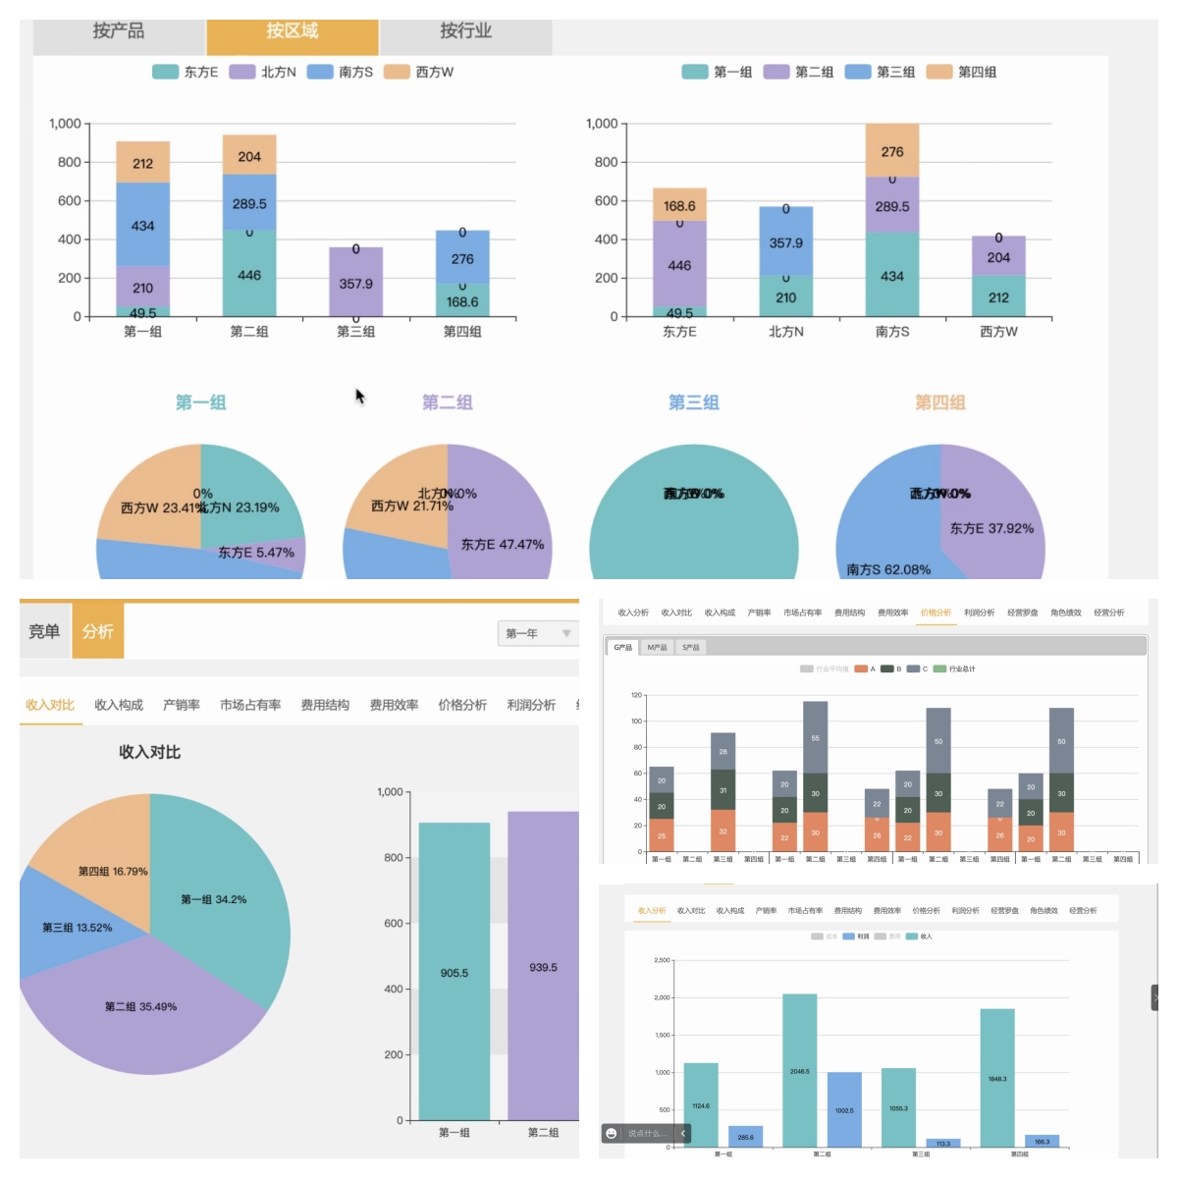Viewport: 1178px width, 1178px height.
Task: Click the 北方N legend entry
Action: pos(263,72)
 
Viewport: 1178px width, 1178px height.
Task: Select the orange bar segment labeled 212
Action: pos(142,163)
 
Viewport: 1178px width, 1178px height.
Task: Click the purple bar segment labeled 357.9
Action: pos(355,283)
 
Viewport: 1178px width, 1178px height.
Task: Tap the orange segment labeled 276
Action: pos(891,151)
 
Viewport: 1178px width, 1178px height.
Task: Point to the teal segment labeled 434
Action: pos(891,275)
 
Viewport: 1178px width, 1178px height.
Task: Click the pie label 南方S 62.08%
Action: pos(888,569)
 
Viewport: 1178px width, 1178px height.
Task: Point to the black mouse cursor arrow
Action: pos(359,395)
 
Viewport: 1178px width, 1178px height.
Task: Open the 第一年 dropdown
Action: pos(537,633)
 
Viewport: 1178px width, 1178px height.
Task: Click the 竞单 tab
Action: pos(44,631)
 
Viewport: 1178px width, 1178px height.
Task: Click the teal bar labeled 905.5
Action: pos(454,972)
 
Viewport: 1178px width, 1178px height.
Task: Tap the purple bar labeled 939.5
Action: pos(542,967)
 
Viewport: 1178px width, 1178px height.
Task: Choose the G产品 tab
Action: pos(623,647)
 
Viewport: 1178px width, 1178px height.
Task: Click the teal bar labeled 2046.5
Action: pos(799,1070)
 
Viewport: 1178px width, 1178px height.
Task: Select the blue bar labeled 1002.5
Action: pos(844,1109)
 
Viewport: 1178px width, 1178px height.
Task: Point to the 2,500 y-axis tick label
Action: pos(662,960)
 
